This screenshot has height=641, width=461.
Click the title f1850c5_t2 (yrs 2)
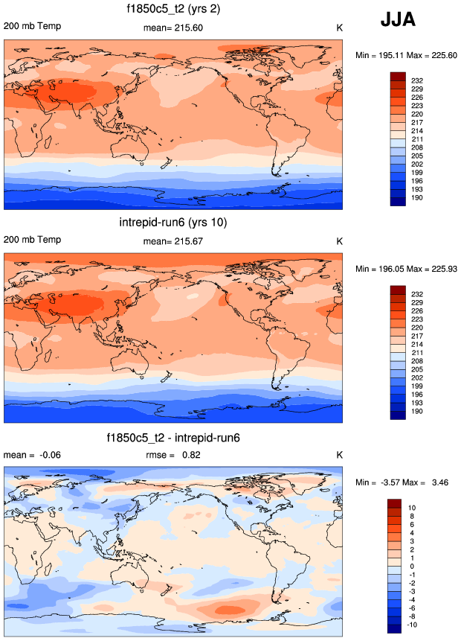[x=173, y=10]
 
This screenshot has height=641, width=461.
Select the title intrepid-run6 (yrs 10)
[x=173, y=223]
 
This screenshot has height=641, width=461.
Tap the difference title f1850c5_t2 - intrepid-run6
[x=173, y=436]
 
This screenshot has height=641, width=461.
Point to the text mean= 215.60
[x=172, y=28]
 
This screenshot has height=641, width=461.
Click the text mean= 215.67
[x=172, y=241]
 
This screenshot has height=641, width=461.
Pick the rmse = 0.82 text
[x=174, y=454]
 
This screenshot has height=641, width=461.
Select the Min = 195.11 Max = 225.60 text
[x=406, y=55]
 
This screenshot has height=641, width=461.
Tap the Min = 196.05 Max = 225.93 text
[x=406, y=268]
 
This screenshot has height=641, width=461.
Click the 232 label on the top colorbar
[x=416, y=80]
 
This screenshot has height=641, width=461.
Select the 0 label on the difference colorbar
[x=412, y=567]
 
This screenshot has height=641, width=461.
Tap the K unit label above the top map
[x=340, y=28]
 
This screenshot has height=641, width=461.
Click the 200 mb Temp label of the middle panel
[x=32, y=240]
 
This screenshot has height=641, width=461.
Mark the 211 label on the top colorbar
[x=416, y=138]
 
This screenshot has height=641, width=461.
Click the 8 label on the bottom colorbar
[x=412, y=515]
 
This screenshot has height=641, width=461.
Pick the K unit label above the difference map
[x=340, y=454]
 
